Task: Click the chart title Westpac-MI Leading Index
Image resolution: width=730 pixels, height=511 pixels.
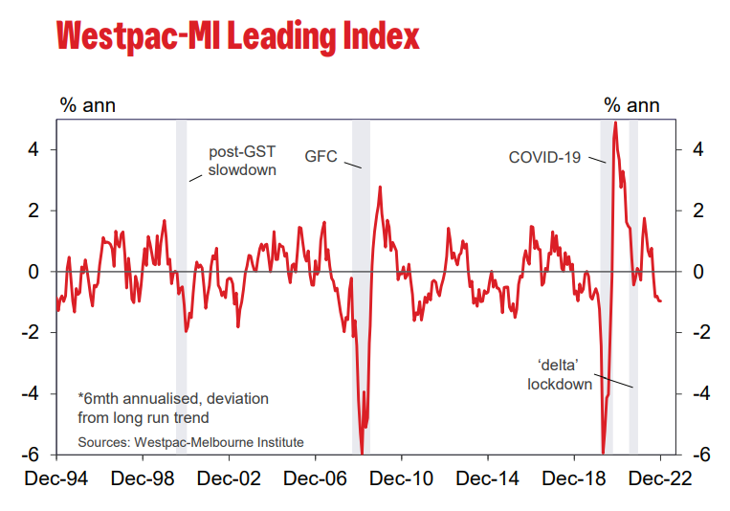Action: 238,35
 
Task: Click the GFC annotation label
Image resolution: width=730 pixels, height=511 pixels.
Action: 321,156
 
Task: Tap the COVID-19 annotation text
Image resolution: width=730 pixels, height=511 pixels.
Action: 544,156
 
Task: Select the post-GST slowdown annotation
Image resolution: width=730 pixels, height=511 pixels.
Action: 242,161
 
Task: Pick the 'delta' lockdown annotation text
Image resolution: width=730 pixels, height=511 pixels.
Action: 560,374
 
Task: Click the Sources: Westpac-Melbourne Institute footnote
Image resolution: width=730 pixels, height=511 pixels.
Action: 190,442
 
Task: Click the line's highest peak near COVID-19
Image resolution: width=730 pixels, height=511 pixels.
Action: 615,122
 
